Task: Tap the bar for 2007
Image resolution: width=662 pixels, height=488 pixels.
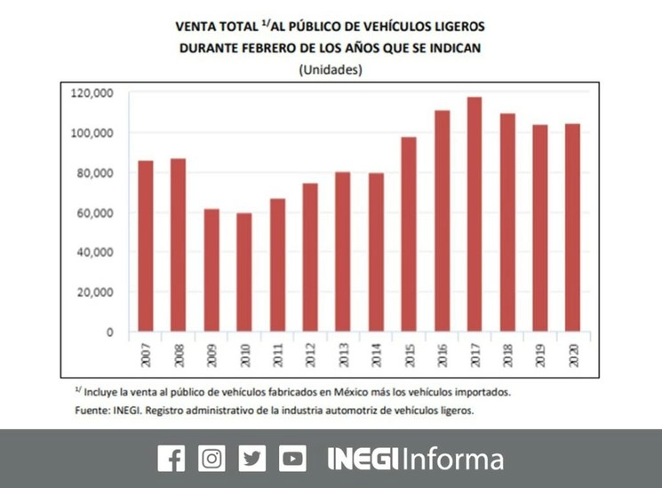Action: [x=146, y=246]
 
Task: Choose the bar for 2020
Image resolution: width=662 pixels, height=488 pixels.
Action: [x=572, y=228]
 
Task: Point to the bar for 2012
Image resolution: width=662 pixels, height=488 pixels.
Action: [x=309, y=258]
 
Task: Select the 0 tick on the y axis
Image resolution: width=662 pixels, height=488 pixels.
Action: [x=110, y=332]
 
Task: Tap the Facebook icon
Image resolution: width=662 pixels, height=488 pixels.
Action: [x=171, y=458]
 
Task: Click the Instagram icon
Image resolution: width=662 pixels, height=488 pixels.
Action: [x=211, y=458]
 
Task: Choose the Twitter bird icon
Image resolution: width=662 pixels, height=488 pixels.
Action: [x=252, y=458]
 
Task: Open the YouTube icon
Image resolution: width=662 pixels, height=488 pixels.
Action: [x=292, y=458]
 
